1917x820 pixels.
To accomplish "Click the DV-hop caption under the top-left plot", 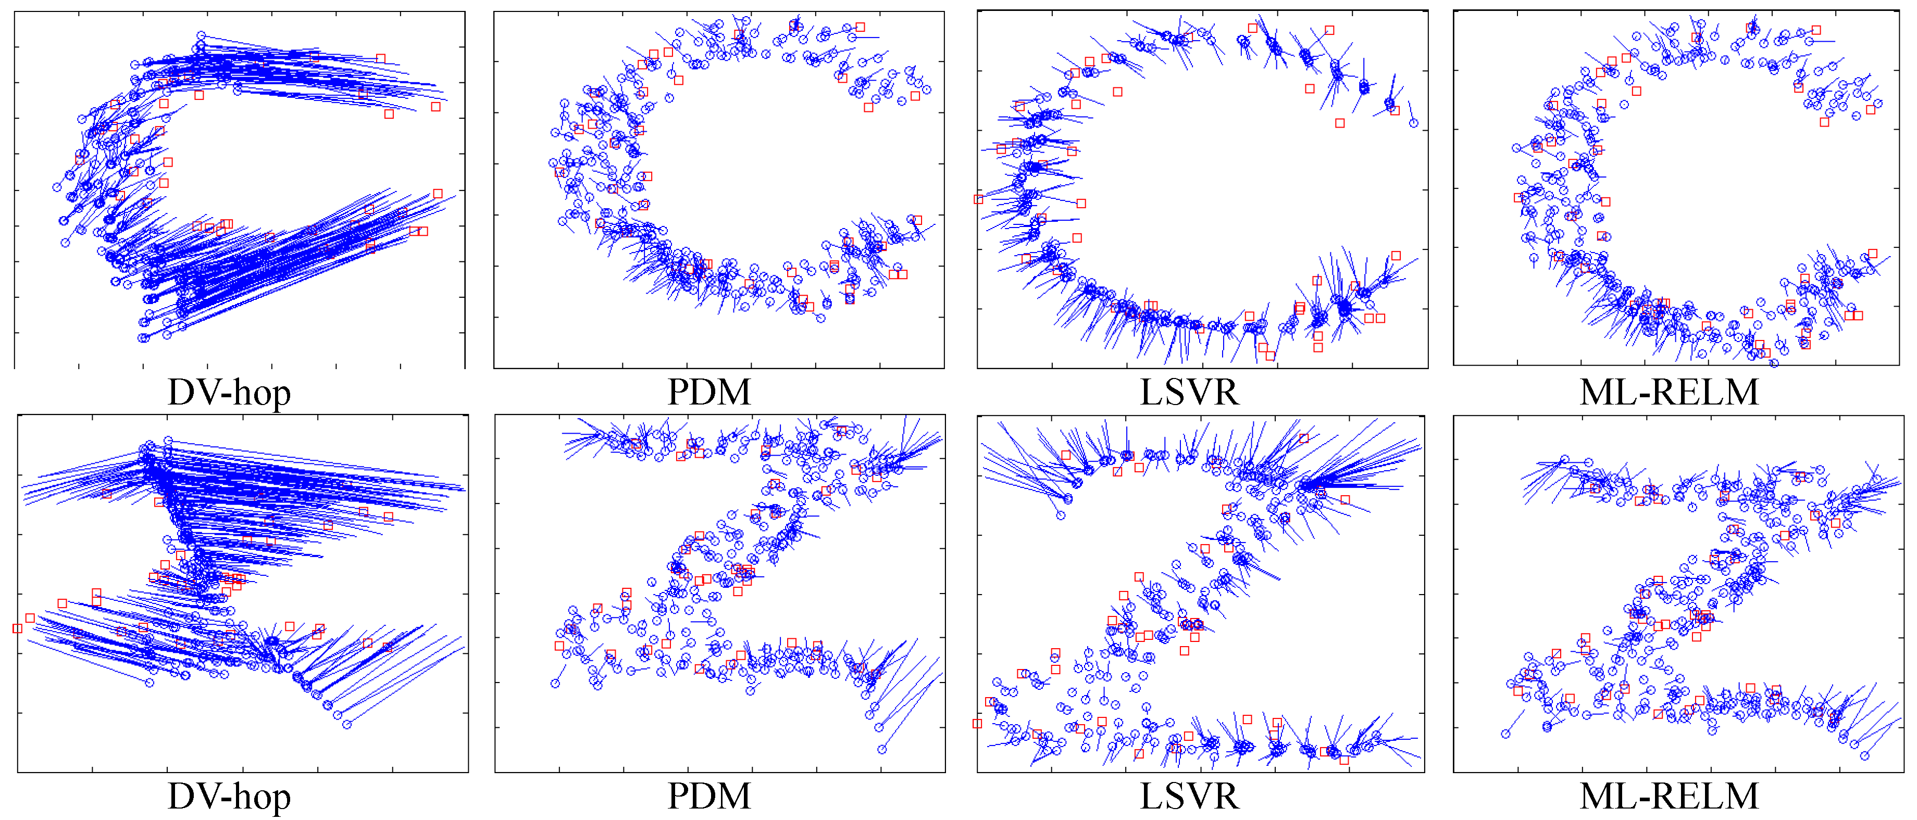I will [229, 392].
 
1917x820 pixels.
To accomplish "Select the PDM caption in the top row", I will [708, 392].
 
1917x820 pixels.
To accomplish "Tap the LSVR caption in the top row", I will [1189, 392].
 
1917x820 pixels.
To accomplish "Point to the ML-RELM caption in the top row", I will [1669, 392].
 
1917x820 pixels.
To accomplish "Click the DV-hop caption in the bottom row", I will [229, 796].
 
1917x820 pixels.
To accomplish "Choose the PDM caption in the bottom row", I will [708, 796].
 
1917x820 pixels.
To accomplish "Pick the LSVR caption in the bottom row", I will [1189, 796].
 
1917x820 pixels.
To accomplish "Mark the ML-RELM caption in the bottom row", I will [1669, 796].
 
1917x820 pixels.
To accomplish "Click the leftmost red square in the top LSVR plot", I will [979, 199].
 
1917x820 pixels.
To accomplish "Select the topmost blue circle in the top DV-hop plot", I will [201, 35].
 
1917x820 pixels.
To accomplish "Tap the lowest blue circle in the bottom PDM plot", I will [882, 749].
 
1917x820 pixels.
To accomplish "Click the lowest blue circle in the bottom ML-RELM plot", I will [1864, 755].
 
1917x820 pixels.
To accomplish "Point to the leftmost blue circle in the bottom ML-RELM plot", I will [1505, 734].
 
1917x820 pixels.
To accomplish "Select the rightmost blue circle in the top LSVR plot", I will [1413, 123].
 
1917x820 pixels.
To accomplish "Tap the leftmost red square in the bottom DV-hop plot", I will [17, 629].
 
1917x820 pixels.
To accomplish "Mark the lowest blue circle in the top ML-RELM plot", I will [1774, 363].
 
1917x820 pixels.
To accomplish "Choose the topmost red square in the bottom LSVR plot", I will [1304, 438].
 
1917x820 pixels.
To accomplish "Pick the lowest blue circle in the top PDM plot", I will [820, 319].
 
